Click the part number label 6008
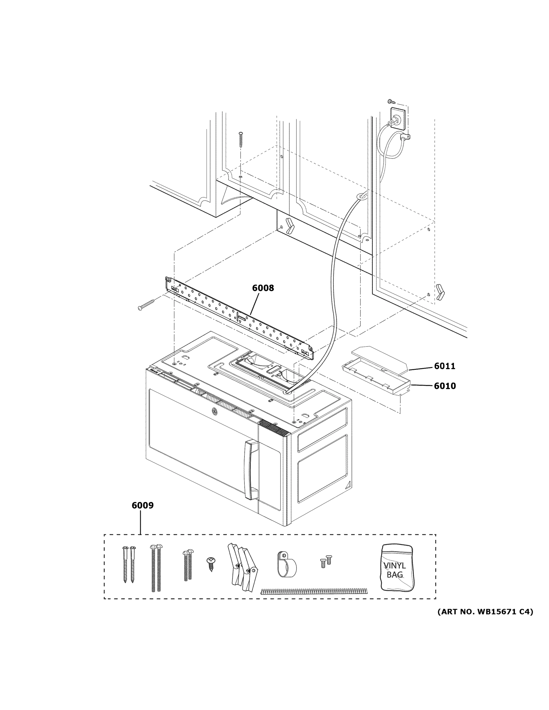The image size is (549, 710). [x=263, y=288]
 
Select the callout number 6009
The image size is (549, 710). [x=142, y=506]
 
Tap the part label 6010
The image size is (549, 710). [x=445, y=386]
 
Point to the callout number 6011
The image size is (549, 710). [x=445, y=366]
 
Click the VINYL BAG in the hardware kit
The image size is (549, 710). [x=397, y=567]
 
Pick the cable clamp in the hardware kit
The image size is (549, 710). [x=286, y=565]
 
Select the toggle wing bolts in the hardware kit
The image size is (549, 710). [x=242, y=567]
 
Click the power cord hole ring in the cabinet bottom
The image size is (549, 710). [x=362, y=195]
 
